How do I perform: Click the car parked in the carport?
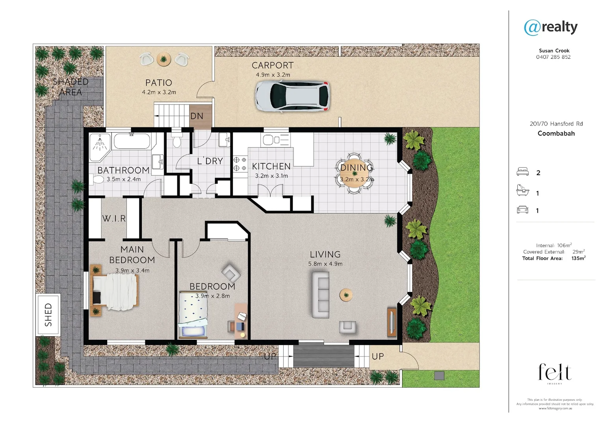pos(292,97)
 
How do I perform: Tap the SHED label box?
pos(48,314)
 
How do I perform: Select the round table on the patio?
pos(164,59)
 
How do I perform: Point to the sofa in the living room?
pos(321,295)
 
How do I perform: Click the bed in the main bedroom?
pos(115,291)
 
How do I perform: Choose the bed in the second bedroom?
pos(193,314)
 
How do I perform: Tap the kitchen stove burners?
pos(240,164)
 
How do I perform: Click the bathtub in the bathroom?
pos(132,141)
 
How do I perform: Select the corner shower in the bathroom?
pos(100,147)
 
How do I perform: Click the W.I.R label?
pos(114,219)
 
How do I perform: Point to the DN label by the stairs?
pos(197,116)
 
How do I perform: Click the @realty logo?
pos(550,27)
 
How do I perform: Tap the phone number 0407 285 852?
pos(553,57)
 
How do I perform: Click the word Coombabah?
pos(556,133)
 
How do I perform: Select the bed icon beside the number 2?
pos(522,172)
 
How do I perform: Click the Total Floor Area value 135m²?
pos(578,258)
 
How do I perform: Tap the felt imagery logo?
pos(555,373)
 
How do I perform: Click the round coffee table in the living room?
pos(346,294)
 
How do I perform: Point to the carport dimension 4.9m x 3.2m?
pos(273,75)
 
